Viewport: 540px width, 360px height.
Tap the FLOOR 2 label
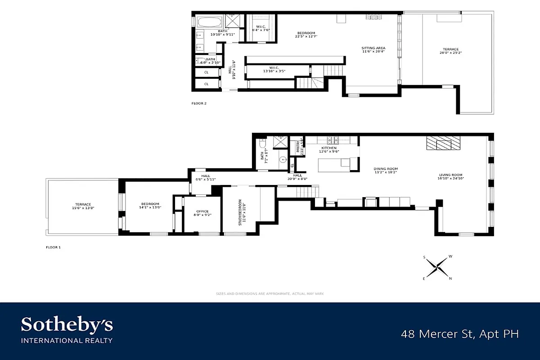(x=199, y=103)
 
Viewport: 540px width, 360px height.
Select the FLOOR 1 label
(x=53, y=247)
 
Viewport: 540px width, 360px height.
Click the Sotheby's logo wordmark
(x=67, y=325)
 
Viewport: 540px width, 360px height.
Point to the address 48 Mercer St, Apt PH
(x=460, y=334)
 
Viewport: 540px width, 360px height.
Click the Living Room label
(x=451, y=176)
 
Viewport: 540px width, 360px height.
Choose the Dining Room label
(x=386, y=171)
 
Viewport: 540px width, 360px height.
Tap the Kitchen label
(x=329, y=149)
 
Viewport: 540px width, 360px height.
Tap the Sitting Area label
(x=373, y=50)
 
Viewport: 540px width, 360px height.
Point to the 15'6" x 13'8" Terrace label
(x=83, y=206)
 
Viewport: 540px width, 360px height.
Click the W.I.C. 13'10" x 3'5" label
(x=274, y=70)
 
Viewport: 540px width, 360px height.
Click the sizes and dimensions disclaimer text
(x=270, y=293)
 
